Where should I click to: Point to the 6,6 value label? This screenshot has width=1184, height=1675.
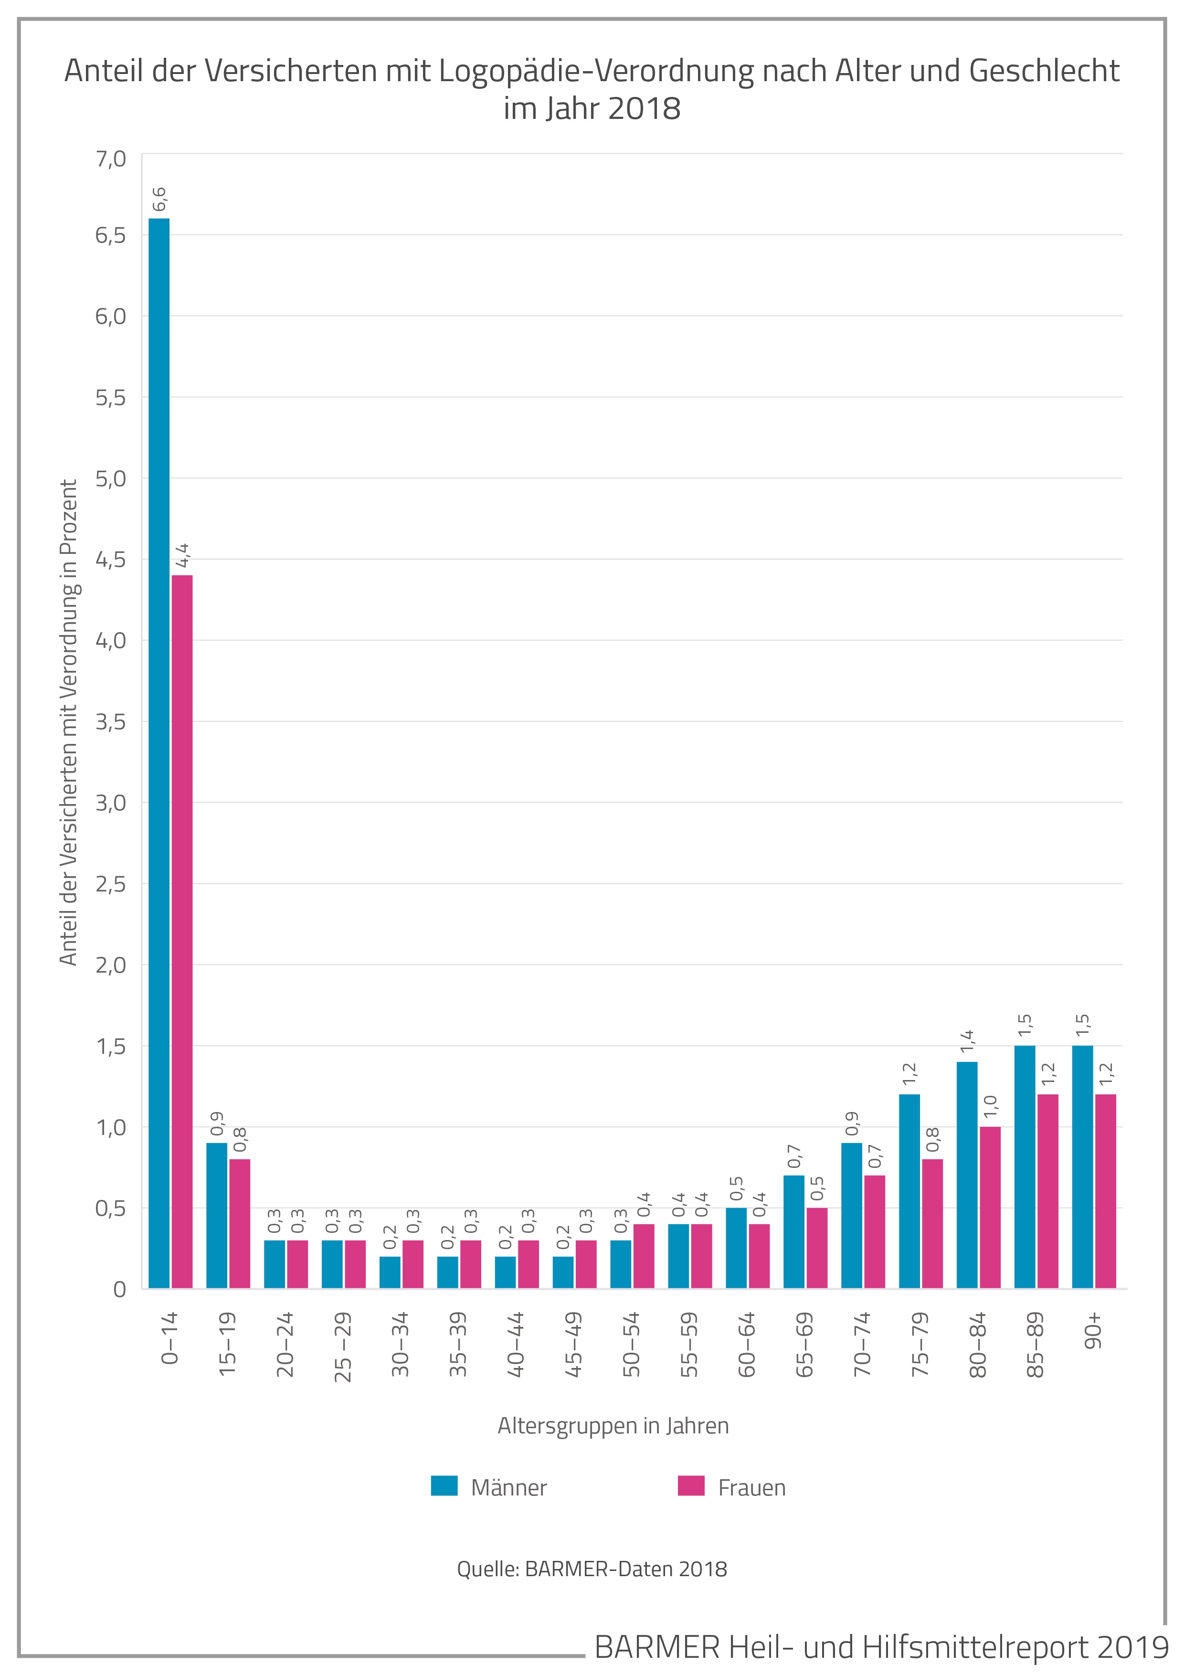(x=159, y=199)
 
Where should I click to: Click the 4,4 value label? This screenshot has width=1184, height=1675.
(x=182, y=555)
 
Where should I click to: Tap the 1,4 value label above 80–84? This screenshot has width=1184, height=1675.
(x=967, y=1041)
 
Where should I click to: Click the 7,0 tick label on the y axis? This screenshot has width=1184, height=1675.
(x=110, y=159)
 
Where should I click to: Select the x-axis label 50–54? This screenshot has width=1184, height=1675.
(x=631, y=1344)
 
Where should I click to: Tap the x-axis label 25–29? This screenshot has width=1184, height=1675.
(x=343, y=1346)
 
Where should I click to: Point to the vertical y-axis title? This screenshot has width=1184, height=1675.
(x=69, y=722)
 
